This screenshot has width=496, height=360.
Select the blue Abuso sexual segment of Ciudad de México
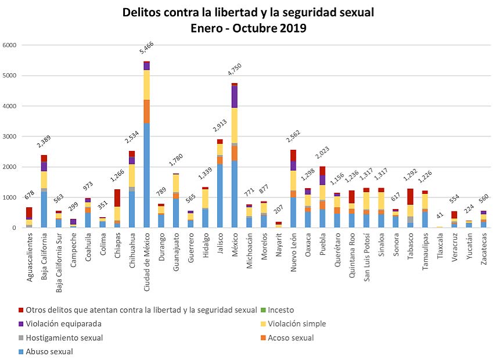147,174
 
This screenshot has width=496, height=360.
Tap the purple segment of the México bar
235,96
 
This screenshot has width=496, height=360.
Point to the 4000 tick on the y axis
9,106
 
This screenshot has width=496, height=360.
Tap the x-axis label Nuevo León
293,250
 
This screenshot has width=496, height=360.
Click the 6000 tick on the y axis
9,45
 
